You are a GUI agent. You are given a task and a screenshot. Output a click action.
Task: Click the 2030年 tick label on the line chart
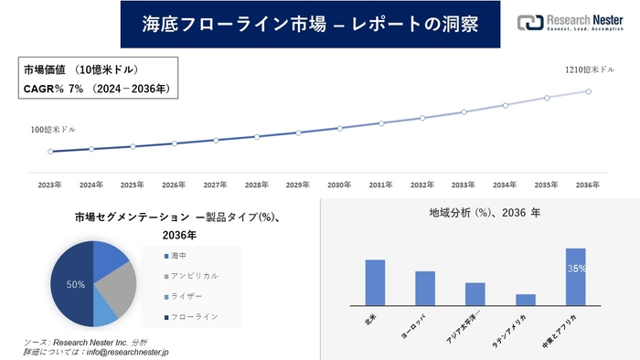340,185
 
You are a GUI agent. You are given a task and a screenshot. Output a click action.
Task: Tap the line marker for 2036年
588,90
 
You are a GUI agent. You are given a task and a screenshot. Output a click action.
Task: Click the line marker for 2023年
51,152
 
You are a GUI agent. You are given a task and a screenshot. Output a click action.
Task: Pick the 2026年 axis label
174,185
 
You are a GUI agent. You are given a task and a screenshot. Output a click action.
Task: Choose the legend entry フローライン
193,316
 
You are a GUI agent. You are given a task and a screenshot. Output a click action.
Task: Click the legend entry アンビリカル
193,275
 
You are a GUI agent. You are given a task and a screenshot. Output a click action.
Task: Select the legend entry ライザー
187,295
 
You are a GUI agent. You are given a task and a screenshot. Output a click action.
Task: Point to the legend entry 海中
179,255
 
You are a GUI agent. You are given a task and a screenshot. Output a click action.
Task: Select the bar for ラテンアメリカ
525,300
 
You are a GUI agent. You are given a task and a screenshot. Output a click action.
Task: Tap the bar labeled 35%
575,277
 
